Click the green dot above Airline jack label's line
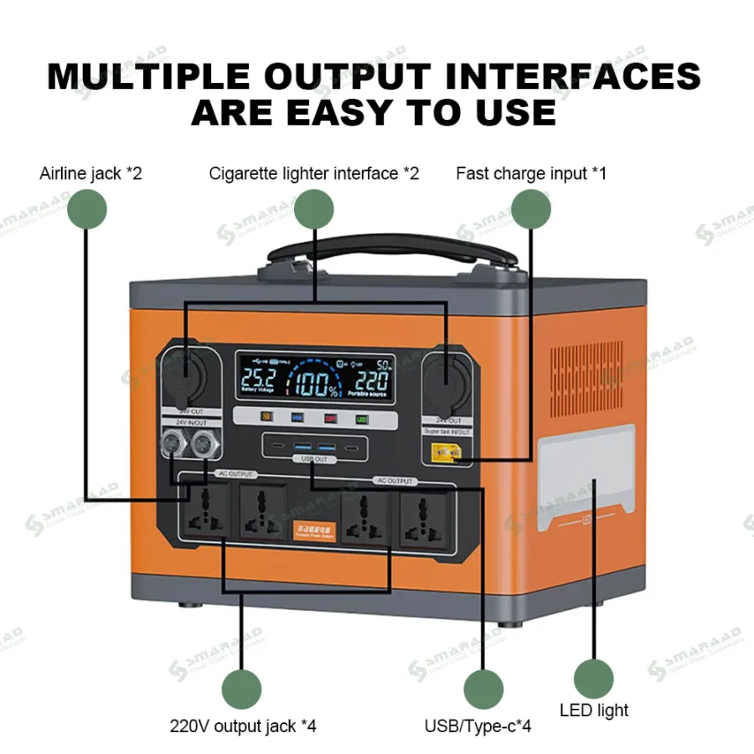[87, 208]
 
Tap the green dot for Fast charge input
[531, 208]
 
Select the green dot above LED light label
[594, 679]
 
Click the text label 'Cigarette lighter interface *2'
[314, 173]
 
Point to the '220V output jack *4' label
[243, 726]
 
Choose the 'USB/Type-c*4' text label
[478, 726]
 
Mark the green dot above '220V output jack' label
[241, 689]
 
